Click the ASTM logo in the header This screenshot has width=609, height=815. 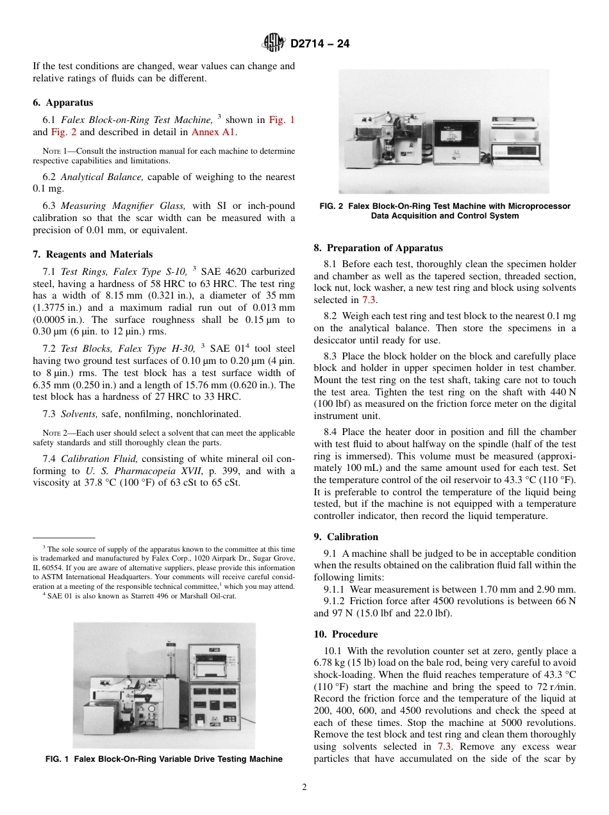point(274,44)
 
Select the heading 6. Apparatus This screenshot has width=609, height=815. point(63,103)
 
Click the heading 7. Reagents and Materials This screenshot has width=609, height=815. point(93,254)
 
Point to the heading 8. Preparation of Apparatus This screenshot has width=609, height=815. point(378,248)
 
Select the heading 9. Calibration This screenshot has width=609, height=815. point(346,537)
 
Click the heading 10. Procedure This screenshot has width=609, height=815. point(346,634)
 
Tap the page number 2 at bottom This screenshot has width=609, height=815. point(304,787)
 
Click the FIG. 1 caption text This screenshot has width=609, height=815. point(163,759)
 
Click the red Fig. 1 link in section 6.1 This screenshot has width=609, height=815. point(281,120)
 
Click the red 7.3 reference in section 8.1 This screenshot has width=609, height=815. point(370,300)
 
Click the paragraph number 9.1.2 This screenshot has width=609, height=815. point(335,601)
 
